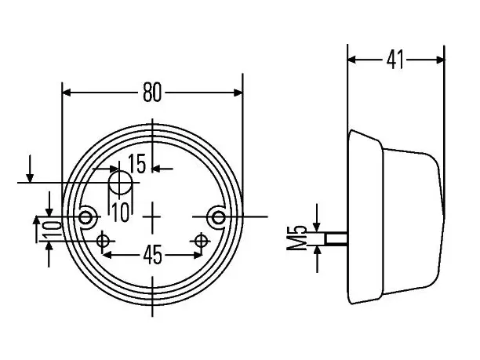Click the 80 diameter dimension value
click(x=152, y=93)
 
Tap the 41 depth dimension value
click(x=395, y=60)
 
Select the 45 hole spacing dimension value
click(x=152, y=255)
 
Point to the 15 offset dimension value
click(x=136, y=164)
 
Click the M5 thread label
click(x=296, y=238)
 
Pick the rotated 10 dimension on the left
click(x=52, y=229)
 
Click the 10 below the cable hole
click(x=121, y=212)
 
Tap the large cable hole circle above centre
click(x=121, y=183)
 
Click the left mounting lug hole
click(x=85, y=218)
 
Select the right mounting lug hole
click(x=218, y=218)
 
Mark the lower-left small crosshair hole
click(x=104, y=241)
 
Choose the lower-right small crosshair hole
click(x=201, y=241)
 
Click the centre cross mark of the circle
click(x=152, y=217)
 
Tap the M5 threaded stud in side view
click(x=336, y=238)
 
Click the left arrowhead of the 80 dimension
click(x=67, y=93)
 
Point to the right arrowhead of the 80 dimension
click(x=238, y=93)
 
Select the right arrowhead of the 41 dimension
click(x=440, y=60)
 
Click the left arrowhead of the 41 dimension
click(x=352, y=60)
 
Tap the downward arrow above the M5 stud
click(x=317, y=218)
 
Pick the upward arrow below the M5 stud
click(x=318, y=259)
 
